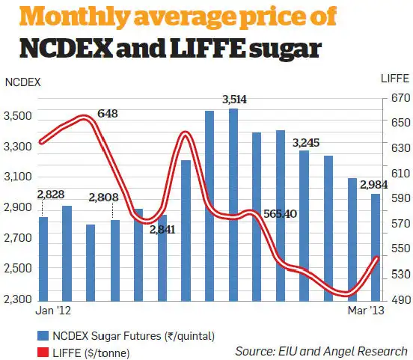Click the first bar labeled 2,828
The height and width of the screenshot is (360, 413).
(43, 259)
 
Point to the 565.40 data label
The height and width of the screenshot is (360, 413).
(281, 214)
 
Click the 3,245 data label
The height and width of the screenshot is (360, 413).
(306, 142)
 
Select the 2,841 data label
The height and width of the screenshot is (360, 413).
(163, 229)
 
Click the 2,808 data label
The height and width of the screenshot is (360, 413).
(104, 198)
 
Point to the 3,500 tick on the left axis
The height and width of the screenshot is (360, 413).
(18, 116)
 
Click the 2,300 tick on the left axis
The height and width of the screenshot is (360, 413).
(18, 300)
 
